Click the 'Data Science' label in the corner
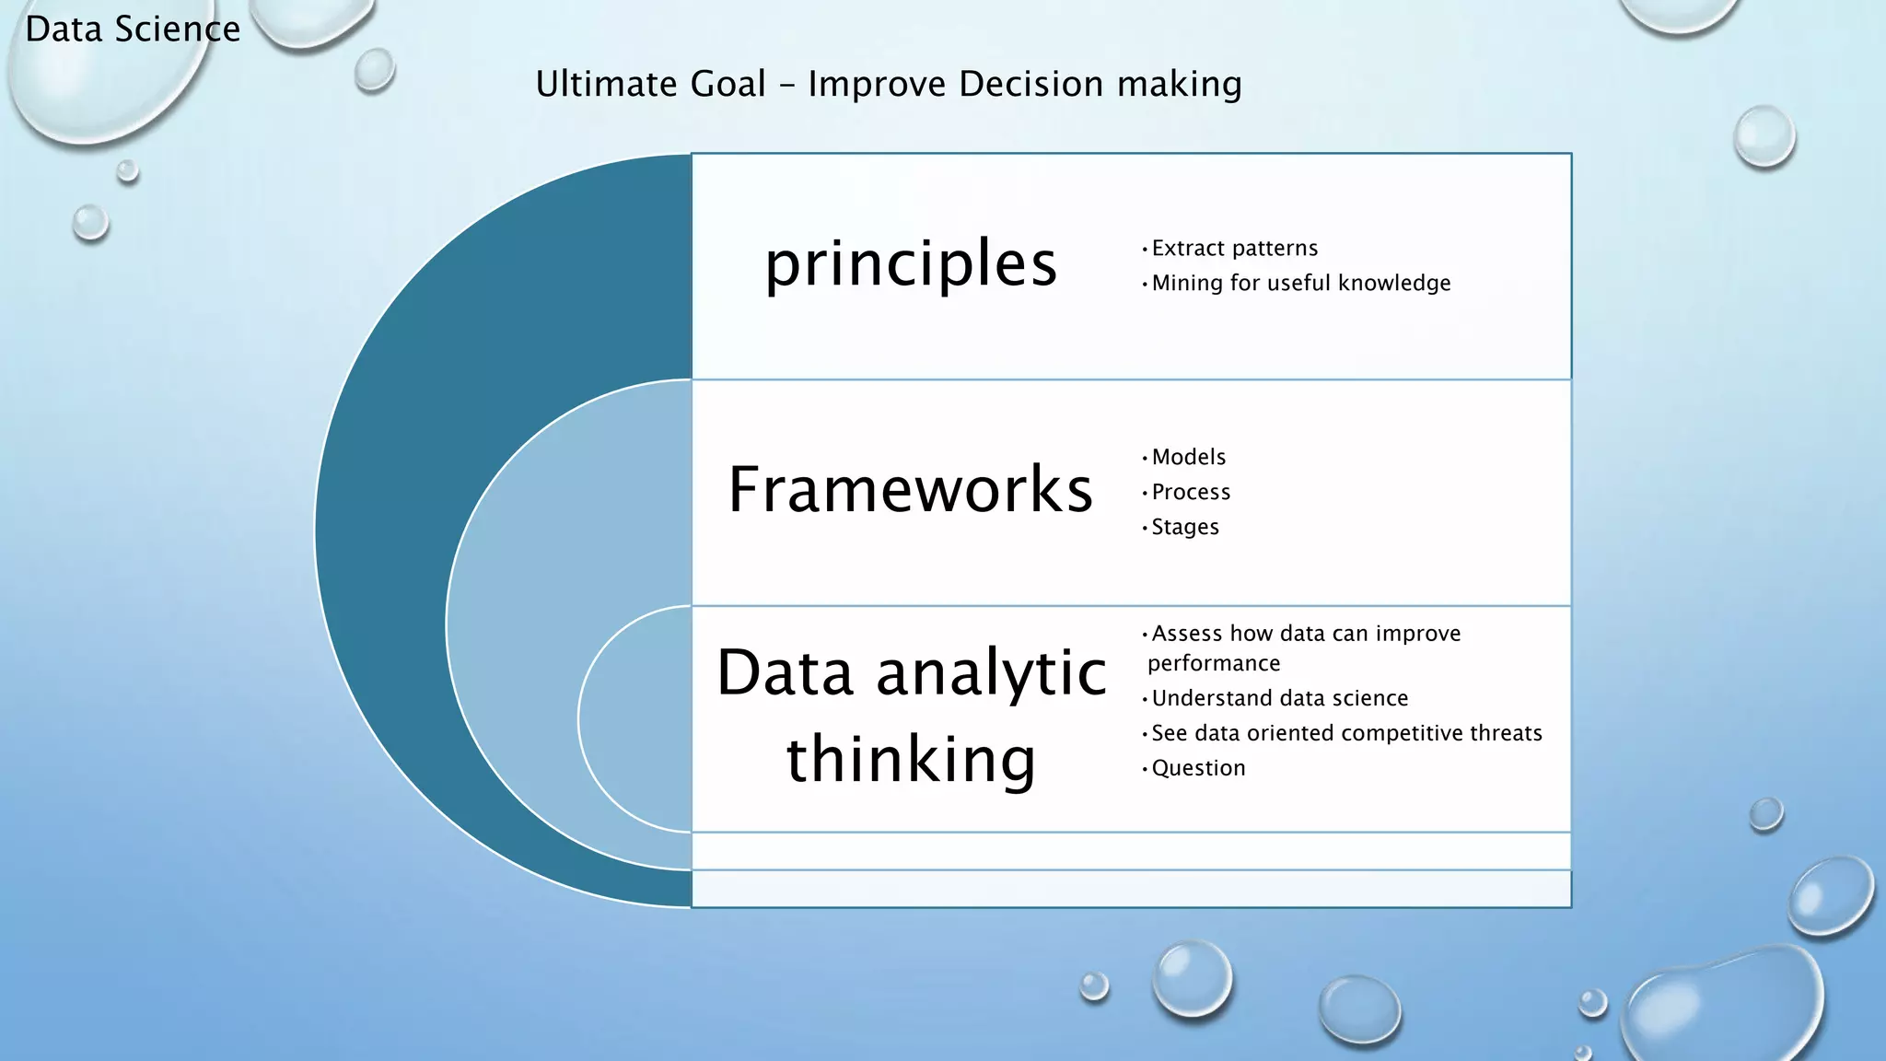pyautogui.click(x=133, y=29)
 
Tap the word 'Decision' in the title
pyautogui.click(x=1030, y=84)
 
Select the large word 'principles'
pyautogui.click(x=911, y=263)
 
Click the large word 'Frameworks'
pyautogui.click(x=911, y=489)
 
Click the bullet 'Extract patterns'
pyautogui.click(x=1234, y=249)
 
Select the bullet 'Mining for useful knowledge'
pyautogui.click(x=1300, y=284)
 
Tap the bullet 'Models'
pyautogui.click(x=1188, y=458)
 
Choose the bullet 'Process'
pyautogui.click(x=1191, y=493)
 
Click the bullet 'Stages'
pyautogui.click(x=1185, y=528)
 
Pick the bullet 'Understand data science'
pyautogui.click(x=1279, y=699)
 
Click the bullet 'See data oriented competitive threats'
pyautogui.click(x=1346, y=734)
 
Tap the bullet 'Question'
pyautogui.click(x=1198, y=769)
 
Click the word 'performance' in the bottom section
pyautogui.click(x=1214, y=664)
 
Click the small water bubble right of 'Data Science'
pyautogui.click(x=374, y=70)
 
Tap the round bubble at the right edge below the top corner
pyautogui.click(x=1764, y=136)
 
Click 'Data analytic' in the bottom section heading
pyautogui.click(x=911, y=672)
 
